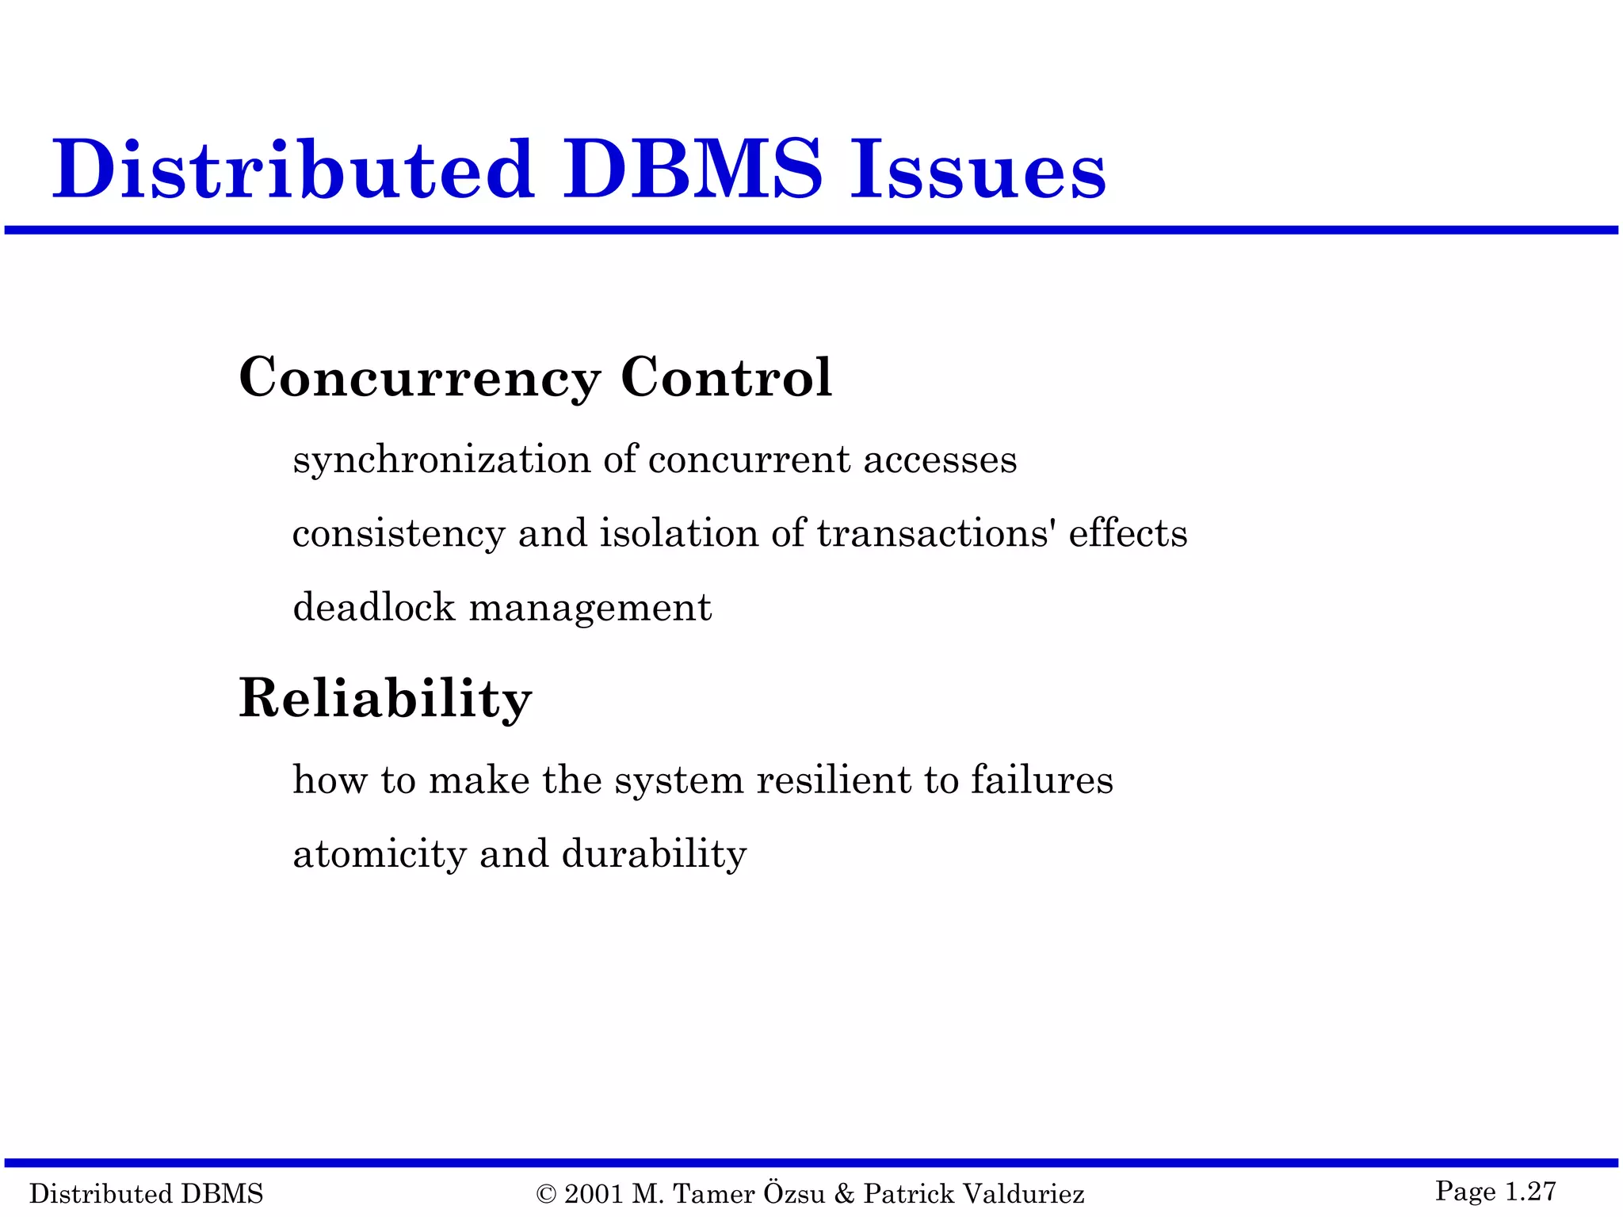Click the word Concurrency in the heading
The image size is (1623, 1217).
[x=420, y=378]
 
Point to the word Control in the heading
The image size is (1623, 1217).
[x=726, y=377]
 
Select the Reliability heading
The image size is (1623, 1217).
[x=385, y=699]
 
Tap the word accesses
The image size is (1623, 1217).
[x=940, y=460]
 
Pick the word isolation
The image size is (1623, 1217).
[x=679, y=533]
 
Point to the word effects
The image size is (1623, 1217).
[x=1128, y=533]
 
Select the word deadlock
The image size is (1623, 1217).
[x=374, y=608]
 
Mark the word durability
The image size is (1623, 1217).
[x=654, y=854]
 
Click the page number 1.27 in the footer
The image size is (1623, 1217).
[x=1530, y=1191]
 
